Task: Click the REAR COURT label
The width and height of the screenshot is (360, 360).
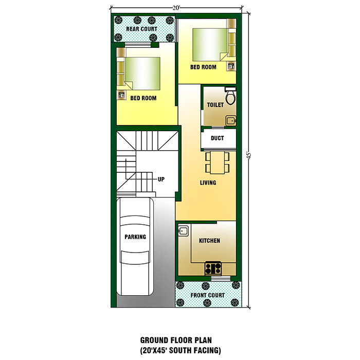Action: click(142, 29)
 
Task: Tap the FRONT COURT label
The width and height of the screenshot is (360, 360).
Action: click(208, 295)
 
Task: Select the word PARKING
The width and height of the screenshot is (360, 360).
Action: click(135, 237)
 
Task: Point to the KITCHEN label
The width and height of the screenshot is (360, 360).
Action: click(209, 241)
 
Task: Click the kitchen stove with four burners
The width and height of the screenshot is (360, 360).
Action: click(213, 268)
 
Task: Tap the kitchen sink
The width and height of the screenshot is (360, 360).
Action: click(183, 230)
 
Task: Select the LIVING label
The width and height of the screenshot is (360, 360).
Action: click(208, 183)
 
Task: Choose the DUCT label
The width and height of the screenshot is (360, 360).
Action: click(217, 138)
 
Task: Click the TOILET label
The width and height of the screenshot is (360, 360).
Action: click(215, 105)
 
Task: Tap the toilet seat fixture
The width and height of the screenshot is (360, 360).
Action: click(230, 96)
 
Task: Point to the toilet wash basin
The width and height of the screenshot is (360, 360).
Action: click(231, 121)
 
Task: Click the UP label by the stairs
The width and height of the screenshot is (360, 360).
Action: click(161, 179)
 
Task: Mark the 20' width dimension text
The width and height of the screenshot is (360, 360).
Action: click(177, 8)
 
